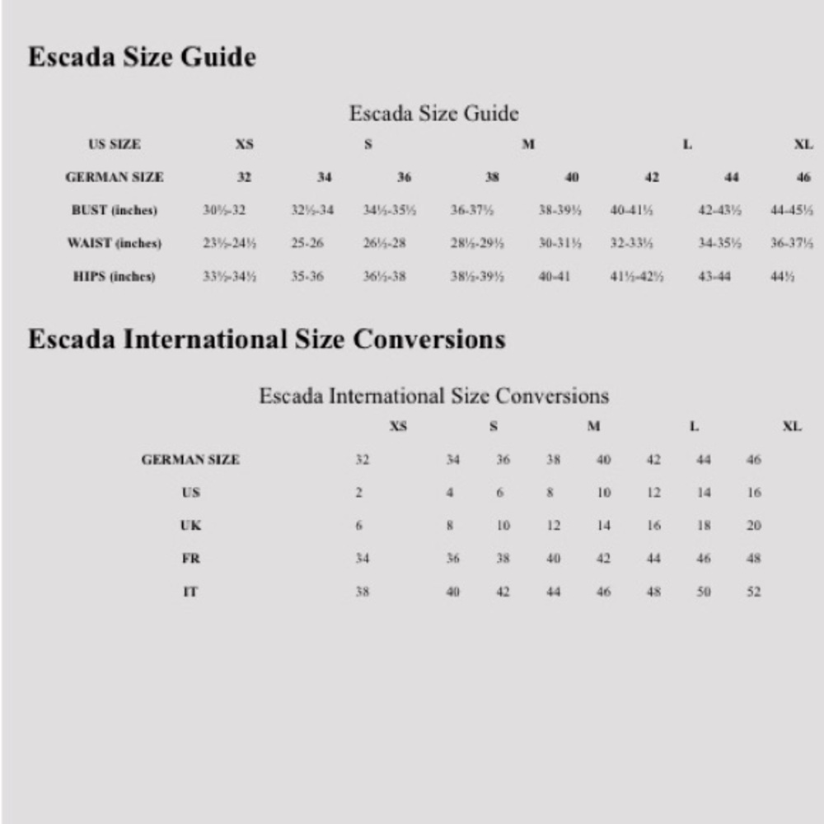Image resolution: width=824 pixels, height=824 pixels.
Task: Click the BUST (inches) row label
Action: click(x=114, y=210)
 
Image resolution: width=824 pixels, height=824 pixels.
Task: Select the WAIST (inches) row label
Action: click(x=114, y=243)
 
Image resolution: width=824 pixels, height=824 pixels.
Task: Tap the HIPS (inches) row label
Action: click(x=114, y=276)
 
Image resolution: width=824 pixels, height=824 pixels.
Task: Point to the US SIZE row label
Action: click(x=115, y=144)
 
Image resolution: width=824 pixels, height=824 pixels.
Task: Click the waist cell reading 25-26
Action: click(x=307, y=243)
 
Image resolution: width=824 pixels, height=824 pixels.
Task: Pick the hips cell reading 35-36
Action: click(x=307, y=276)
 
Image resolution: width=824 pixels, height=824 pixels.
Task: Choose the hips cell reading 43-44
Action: click(x=714, y=276)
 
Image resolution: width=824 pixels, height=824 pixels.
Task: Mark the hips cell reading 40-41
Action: click(x=555, y=276)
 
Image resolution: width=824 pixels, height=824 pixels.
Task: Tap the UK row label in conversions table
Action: click(x=190, y=526)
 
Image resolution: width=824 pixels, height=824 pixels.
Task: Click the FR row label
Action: click(x=190, y=559)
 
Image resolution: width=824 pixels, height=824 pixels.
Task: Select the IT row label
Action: click(x=190, y=592)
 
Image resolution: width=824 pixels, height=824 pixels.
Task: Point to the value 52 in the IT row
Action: click(x=754, y=592)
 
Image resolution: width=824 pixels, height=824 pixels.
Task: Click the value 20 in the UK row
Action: click(x=754, y=526)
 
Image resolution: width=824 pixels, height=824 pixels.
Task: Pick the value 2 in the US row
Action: click(x=359, y=493)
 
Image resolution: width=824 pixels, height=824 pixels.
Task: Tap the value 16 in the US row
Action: click(x=754, y=493)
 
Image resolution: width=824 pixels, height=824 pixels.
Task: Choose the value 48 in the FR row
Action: click(x=754, y=559)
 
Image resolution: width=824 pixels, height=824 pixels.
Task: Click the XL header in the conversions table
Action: click(x=792, y=427)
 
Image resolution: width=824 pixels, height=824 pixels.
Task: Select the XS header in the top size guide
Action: click(x=245, y=144)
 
